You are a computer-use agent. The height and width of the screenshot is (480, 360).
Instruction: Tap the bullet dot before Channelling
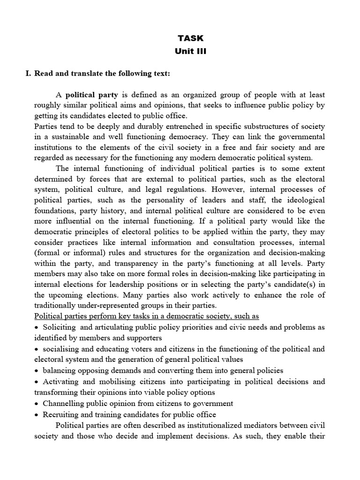[37, 404]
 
